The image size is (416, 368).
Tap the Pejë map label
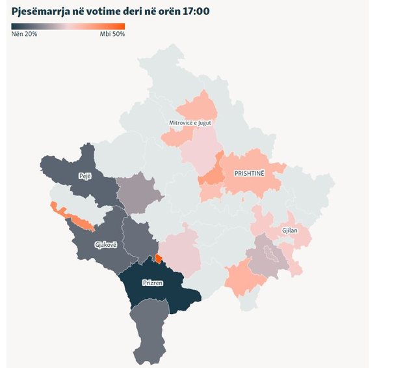tap(85, 176)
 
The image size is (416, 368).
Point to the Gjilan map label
tap(289, 231)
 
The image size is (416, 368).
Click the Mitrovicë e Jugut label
tap(190, 122)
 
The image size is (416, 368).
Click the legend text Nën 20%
tap(24, 34)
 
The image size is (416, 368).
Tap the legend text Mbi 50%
tap(112, 34)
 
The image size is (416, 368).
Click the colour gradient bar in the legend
tap(68, 27)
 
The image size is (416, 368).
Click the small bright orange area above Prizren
tap(159, 259)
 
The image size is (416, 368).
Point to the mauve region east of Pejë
tap(138, 193)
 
